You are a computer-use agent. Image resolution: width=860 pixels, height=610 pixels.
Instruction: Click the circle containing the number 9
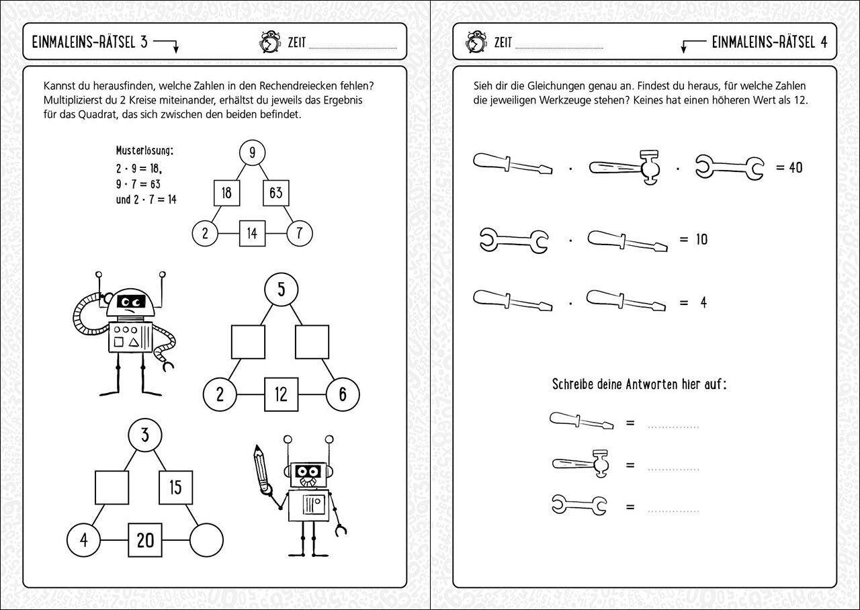pyautogui.click(x=252, y=153)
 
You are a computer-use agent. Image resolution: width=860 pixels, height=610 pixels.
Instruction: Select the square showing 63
pyautogui.click(x=275, y=193)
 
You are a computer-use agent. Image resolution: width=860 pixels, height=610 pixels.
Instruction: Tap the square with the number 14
pyautogui.click(x=252, y=234)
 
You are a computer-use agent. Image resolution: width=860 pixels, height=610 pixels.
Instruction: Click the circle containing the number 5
pyautogui.click(x=281, y=290)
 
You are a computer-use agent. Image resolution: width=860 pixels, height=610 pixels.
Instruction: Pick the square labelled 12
pyautogui.click(x=281, y=394)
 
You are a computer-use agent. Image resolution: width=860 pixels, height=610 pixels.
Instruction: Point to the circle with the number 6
pyautogui.click(x=343, y=394)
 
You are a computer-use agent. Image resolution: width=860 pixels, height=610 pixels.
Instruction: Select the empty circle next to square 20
pyautogui.click(x=206, y=540)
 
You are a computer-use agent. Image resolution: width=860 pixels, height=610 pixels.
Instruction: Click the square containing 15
pyautogui.click(x=175, y=487)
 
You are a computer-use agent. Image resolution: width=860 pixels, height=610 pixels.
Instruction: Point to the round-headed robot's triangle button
pyautogui.click(x=134, y=343)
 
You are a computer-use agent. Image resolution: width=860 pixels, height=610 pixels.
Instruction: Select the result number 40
pyautogui.click(x=795, y=167)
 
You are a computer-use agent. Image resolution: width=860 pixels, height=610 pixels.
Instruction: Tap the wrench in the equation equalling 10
pyautogui.click(x=514, y=240)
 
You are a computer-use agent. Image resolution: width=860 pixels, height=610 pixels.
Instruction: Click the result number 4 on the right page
pyautogui.click(x=703, y=303)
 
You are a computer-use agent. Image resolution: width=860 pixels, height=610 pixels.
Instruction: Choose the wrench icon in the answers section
pyautogui.click(x=579, y=505)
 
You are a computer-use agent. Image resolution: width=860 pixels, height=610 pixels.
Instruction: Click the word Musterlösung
pyautogui.click(x=144, y=150)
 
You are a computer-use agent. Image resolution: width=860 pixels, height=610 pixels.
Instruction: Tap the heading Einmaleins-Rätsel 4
pyautogui.click(x=769, y=42)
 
